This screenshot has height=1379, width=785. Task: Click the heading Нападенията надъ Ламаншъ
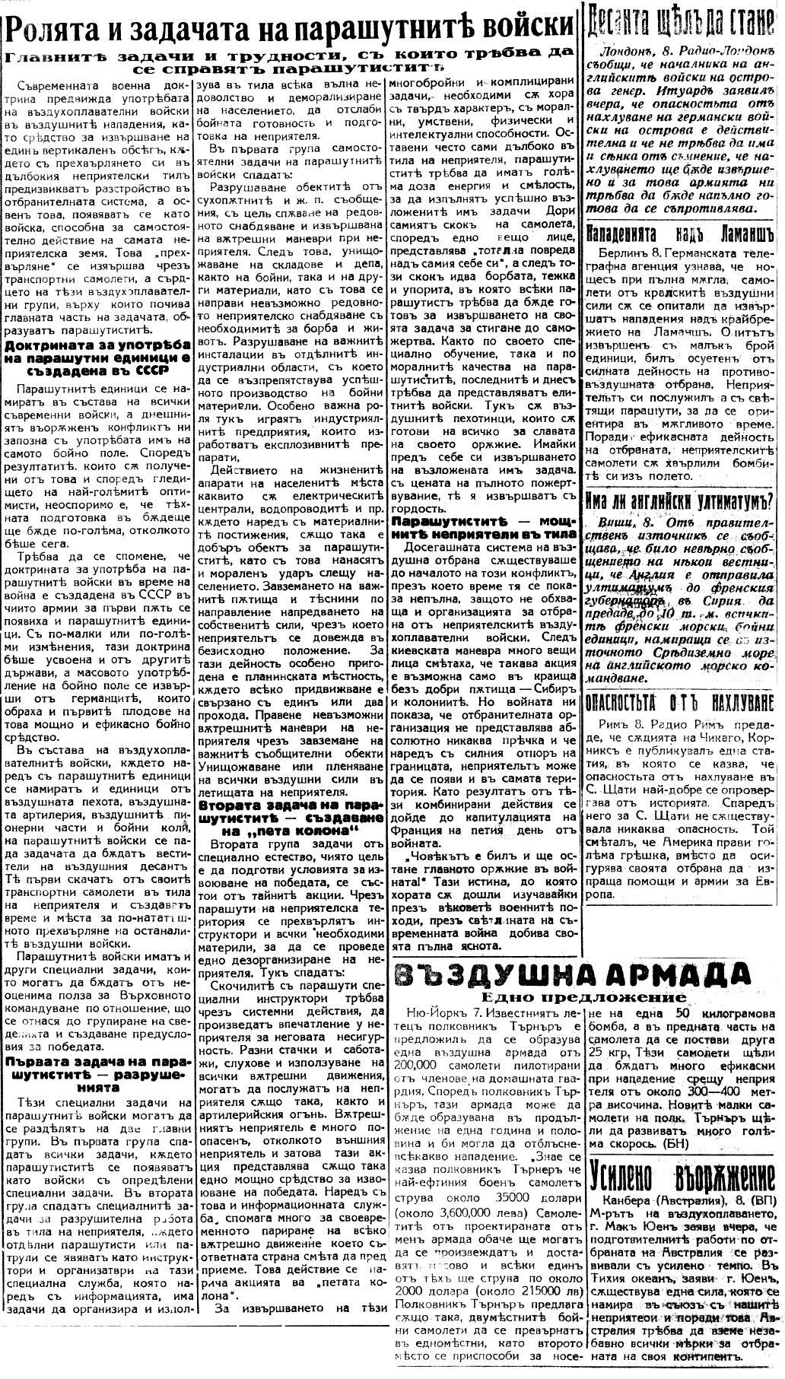(x=682, y=230)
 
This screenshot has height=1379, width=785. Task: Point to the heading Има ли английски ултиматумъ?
(x=682, y=500)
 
